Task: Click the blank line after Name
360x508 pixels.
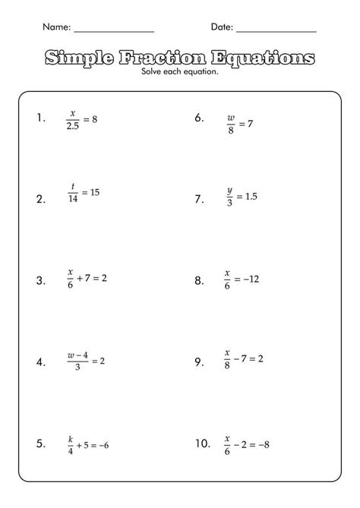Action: coord(114,30)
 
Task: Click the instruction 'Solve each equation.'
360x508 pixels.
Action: coord(180,72)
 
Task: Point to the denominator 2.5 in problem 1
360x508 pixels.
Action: coord(73,126)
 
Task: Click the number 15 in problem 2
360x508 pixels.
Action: coord(95,193)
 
